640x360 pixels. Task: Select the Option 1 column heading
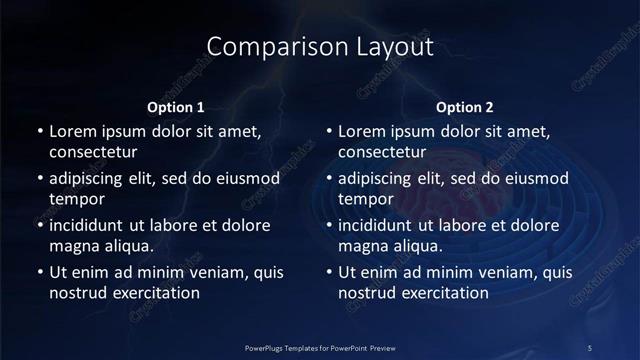coord(176,107)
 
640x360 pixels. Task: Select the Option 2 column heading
coord(465,107)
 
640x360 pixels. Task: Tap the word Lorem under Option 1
coord(72,131)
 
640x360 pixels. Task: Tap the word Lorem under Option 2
coord(361,131)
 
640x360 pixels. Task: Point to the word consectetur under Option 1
coord(93,152)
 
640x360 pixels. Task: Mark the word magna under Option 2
coord(364,246)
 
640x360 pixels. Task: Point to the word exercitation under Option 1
coord(154,293)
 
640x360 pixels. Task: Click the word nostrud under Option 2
coord(370,293)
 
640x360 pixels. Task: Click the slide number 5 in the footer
coord(590,347)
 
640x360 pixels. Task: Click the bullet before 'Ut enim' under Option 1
coord(39,272)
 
